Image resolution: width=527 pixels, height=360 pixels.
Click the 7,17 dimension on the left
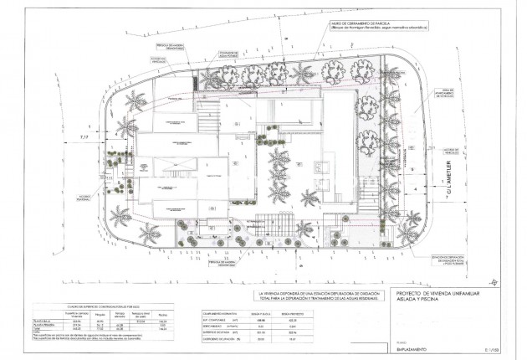pos(83,136)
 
